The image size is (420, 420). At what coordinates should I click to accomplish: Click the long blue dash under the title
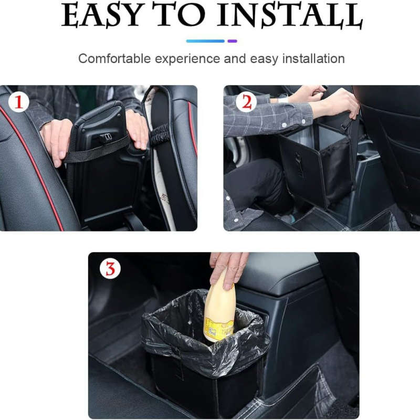(x=205, y=41)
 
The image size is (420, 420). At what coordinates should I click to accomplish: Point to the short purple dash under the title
(x=232, y=41)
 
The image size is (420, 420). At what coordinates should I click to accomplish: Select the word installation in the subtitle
(x=311, y=59)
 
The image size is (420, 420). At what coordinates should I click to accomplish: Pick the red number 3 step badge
(x=110, y=269)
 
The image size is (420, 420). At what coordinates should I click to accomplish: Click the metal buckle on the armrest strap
(x=106, y=138)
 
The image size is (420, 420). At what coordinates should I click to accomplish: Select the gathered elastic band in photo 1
(x=158, y=138)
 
